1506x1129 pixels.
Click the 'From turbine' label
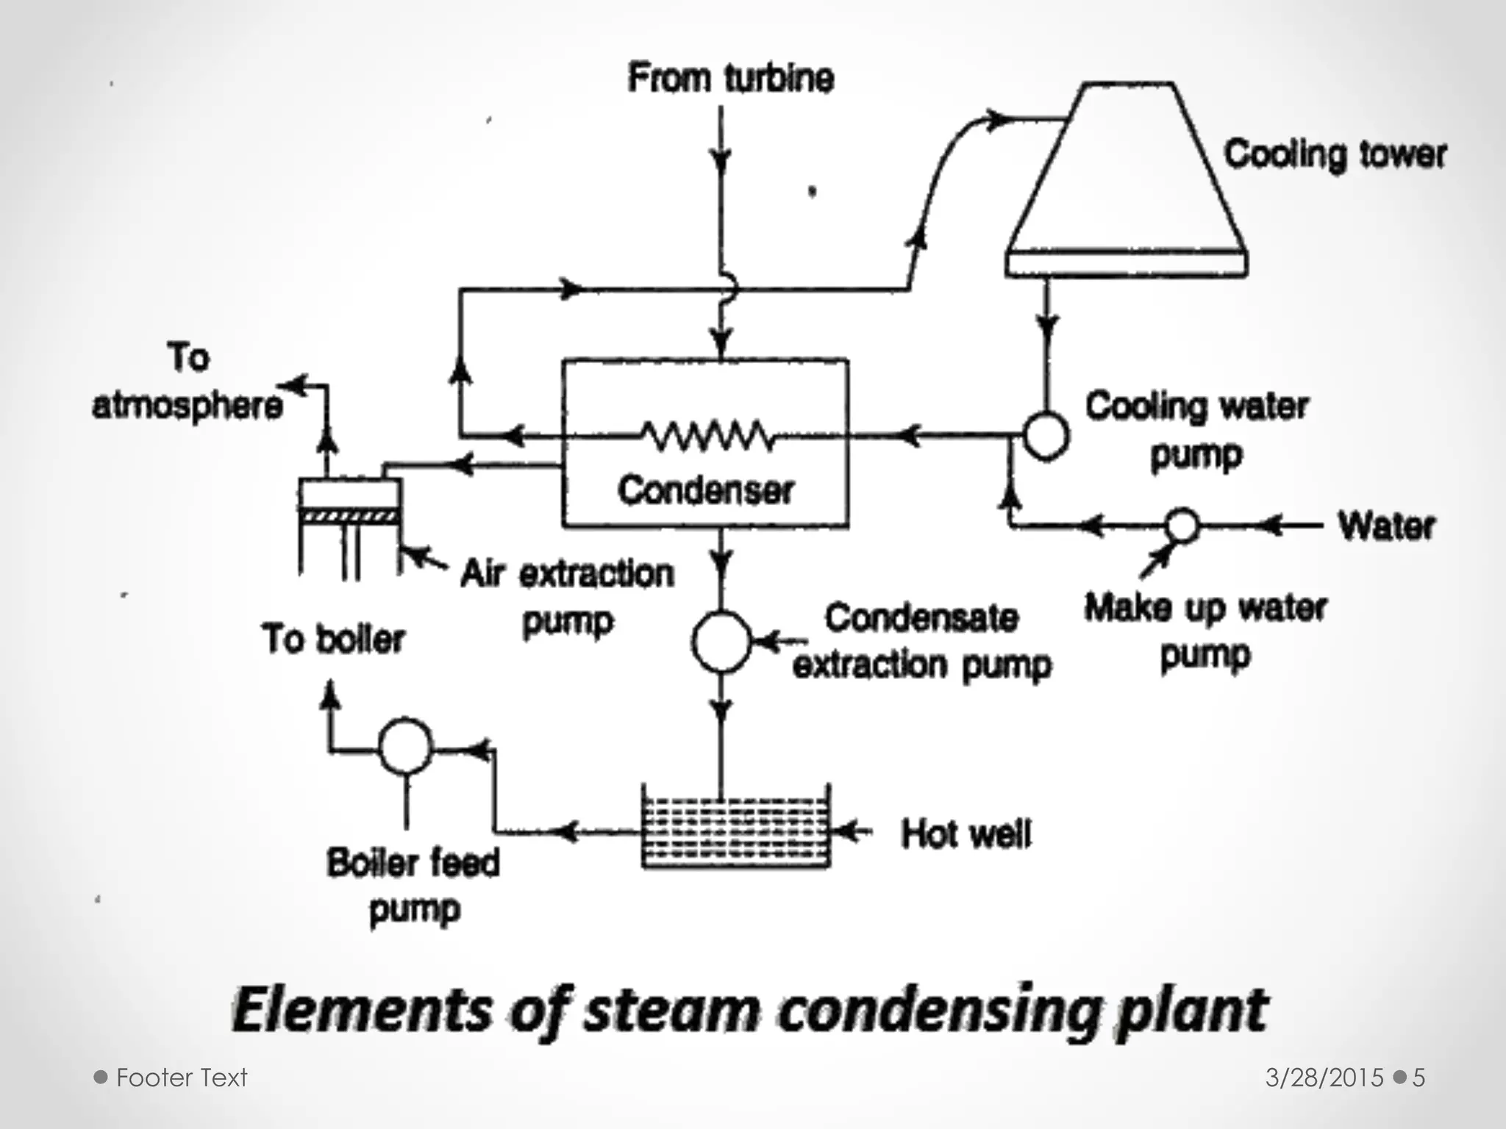tap(731, 78)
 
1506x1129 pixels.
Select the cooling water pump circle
tap(1045, 436)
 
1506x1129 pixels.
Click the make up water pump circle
tap(1182, 526)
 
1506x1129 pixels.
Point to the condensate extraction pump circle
tap(721, 642)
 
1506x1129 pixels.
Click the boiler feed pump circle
tap(405, 745)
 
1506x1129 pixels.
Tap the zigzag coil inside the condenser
tap(707, 436)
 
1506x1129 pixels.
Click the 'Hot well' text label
tap(966, 834)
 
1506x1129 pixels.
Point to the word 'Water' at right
tap(1386, 526)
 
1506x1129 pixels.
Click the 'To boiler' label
tap(333, 639)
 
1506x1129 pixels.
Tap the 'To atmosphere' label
tap(188, 382)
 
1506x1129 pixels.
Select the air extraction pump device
tap(350, 507)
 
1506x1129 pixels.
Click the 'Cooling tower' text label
tap(1335, 155)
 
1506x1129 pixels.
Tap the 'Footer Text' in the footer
tap(182, 1078)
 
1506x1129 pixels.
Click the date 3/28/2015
tap(1324, 1078)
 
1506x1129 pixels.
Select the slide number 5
tap(1418, 1078)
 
